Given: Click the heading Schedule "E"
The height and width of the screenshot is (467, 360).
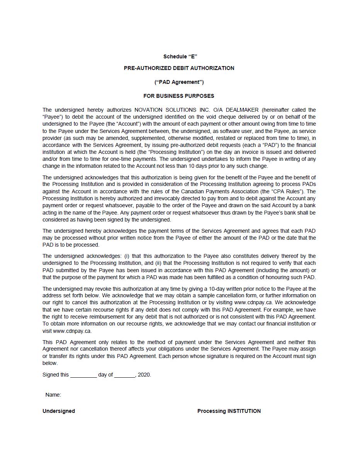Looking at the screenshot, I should [180, 56].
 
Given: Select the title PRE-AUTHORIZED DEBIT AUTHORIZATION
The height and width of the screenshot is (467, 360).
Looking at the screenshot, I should [179, 68].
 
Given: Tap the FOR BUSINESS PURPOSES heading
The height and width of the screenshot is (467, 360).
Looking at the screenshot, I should [178, 96].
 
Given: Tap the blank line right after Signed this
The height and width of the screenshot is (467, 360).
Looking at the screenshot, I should [83, 375].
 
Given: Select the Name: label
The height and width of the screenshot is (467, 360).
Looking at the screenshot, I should [53, 395].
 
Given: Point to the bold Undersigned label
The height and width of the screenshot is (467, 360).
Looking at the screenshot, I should [59, 411].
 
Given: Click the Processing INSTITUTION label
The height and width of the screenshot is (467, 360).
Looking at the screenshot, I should [229, 411].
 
